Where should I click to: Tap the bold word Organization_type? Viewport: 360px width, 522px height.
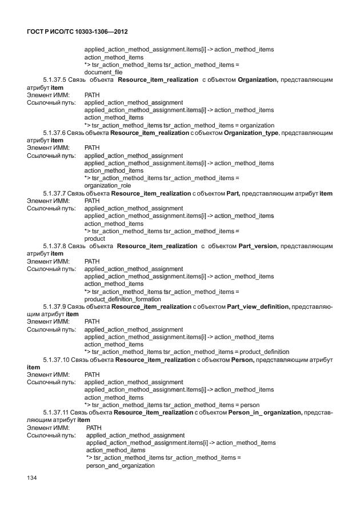(x=251, y=133)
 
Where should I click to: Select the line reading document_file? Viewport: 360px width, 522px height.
(x=103, y=72)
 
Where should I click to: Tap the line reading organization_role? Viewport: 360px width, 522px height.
(x=107, y=185)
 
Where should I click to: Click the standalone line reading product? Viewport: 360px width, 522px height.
(x=95, y=238)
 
